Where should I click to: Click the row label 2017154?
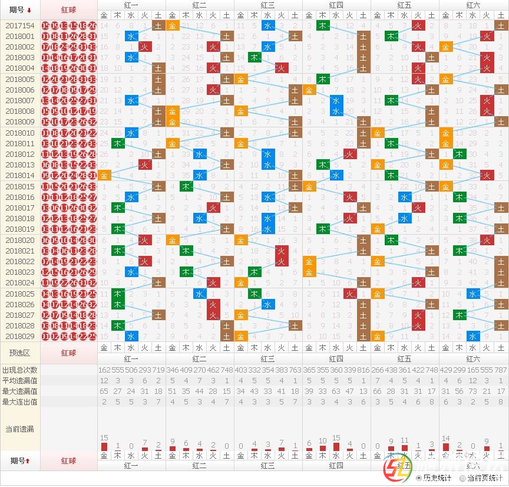coord(20,26)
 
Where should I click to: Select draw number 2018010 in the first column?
coord(20,133)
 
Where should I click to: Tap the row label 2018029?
coord(20,337)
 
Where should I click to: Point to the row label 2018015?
coord(20,187)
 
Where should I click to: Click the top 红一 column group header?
coord(131,5)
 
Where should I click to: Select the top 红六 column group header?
coord(473,5)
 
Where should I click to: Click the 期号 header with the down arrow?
coord(20,9)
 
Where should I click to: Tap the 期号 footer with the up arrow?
coord(20,460)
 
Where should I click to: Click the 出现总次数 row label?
coord(20,370)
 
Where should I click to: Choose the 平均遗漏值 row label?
coord(20,381)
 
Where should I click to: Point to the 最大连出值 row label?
coord(20,402)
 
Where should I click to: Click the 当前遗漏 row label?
coord(20,429)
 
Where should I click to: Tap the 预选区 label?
coord(20,353)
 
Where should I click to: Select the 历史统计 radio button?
coord(418,478)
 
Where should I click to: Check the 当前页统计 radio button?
coord(462,478)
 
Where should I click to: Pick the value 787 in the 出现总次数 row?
coord(501,370)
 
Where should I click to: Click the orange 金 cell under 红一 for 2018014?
coord(104,176)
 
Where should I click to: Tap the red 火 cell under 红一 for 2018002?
coord(145,47)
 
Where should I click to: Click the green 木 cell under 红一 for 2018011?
coord(118,144)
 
